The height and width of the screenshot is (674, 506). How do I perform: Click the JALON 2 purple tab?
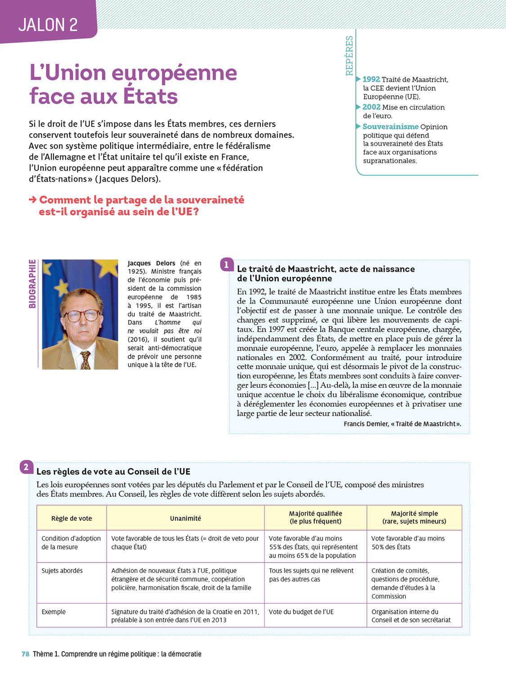click(x=48, y=24)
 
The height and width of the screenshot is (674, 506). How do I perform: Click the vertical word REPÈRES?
click(x=349, y=56)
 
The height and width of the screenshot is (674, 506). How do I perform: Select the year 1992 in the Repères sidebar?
click(x=371, y=80)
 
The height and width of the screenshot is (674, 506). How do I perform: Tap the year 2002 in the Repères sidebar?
click(x=371, y=107)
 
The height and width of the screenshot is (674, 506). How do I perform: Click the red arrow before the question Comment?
click(x=33, y=200)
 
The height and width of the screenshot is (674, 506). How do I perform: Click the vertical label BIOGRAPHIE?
click(x=32, y=284)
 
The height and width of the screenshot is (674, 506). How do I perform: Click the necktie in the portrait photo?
click(x=85, y=359)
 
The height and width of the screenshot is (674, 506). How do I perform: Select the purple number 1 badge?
click(x=227, y=265)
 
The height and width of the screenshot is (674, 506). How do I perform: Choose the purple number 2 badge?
click(x=26, y=467)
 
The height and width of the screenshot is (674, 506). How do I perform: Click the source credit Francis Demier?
click(x=402, y=424)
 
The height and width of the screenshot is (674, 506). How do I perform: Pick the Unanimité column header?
click(x=185, y=519)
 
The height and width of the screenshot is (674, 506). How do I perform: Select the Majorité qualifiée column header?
click(x=315, y=518)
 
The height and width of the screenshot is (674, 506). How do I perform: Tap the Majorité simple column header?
click(x=414, y=518)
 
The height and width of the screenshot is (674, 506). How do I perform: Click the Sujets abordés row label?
click(x=62, y=571)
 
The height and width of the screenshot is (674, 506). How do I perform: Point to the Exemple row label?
click(x=54, y=612)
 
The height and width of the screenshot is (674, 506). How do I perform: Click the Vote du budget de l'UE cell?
click(x=301, y=612)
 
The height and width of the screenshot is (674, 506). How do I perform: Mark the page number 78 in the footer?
click(x=26, y=654)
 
